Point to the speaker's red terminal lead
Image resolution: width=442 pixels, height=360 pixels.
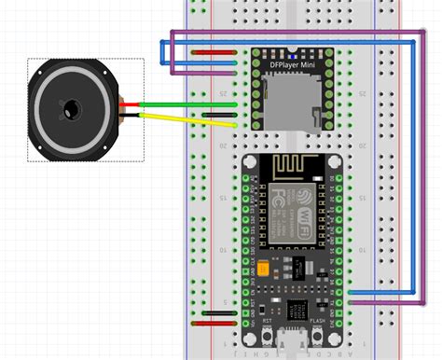tap(131, 103)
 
